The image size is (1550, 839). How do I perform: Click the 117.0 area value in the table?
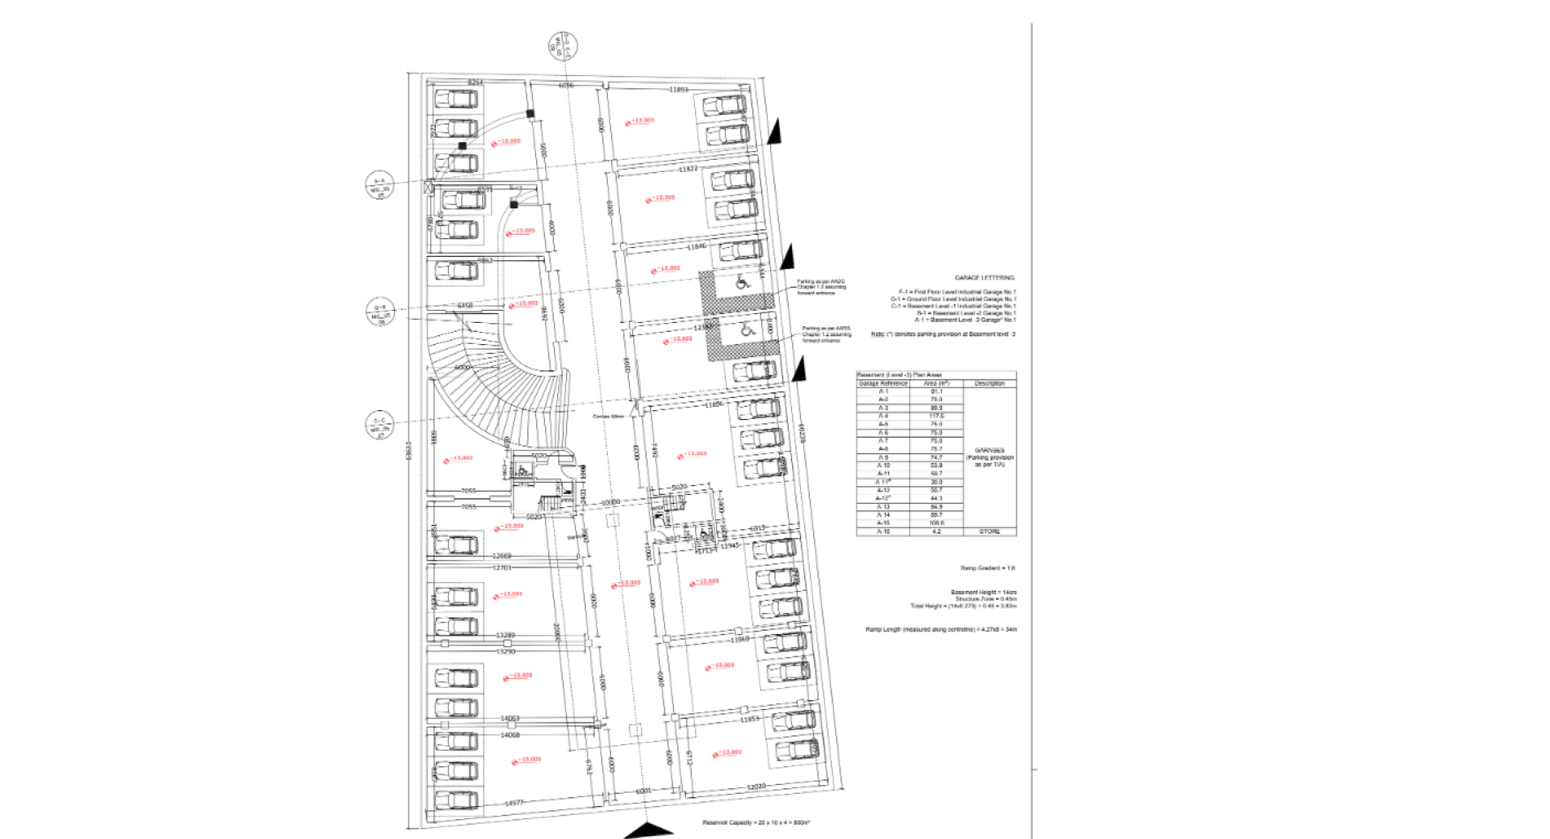point(936,416)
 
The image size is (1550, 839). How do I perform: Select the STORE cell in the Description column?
point(990,531)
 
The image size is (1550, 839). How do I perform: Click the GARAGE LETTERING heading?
point(984,278)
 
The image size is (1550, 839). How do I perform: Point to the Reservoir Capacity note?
point(756,823)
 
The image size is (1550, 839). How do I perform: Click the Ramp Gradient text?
point(987,568)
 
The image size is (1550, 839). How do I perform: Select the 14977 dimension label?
point(513,803)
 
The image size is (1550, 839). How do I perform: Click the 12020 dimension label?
point(756,787)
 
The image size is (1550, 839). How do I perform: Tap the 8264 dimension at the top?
point(475,82)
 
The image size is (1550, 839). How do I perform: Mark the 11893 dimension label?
point(679,90)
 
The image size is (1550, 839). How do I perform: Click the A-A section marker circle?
point(379,186)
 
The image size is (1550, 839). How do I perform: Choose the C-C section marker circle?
point(379,425)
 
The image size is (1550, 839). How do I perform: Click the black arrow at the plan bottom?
point(648,831)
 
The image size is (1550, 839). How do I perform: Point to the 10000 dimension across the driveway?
point(610,503)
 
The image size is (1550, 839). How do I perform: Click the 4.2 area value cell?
point(936,531)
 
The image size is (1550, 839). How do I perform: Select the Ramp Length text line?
point(940,629)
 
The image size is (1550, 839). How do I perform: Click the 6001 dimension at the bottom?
point(643,791)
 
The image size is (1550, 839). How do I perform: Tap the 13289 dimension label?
point(505,636)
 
